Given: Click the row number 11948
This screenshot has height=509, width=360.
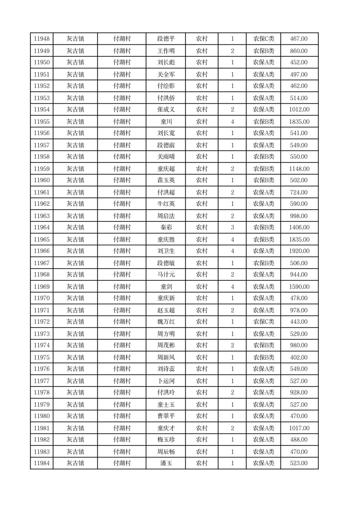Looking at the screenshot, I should tap(42, 39).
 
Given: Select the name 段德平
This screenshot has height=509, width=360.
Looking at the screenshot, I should tap(165, 39).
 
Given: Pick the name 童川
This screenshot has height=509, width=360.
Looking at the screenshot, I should tap(165, 122).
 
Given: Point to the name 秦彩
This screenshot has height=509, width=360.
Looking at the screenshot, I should tap(165, 227).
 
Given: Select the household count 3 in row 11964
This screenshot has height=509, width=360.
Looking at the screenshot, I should tap(232, 227).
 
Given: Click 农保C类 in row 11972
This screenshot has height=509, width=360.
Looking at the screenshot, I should tap(263, 322).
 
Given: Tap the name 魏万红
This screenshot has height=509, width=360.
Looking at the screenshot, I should tap(165, 322).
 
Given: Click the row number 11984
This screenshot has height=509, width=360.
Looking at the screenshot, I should tap(42, 463).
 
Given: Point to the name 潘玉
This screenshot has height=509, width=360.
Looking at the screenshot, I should tap(165, 463).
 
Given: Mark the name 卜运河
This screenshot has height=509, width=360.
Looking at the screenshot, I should tap(165, 381).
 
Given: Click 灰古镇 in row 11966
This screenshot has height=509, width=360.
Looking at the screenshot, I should tap(75, 251).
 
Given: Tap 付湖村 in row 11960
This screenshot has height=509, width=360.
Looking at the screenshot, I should tap(122, 180).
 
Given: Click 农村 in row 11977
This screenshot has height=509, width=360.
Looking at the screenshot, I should tap(201, 381).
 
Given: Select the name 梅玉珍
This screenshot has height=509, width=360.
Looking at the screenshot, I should tap(165, 440).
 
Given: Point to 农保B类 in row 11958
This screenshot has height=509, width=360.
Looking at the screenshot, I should tap(263, 157).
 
